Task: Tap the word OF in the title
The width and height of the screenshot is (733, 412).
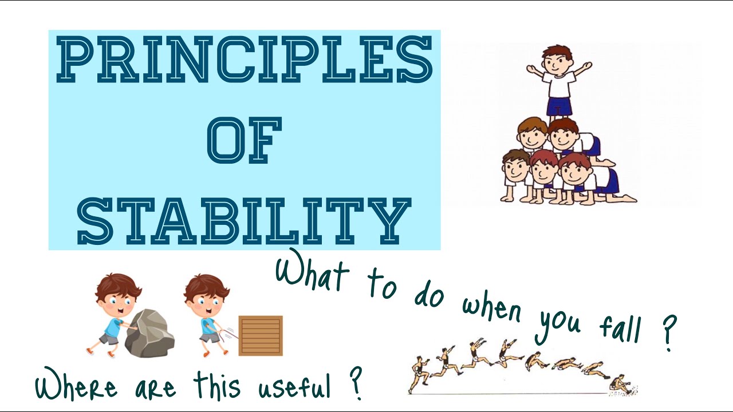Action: [245, 140]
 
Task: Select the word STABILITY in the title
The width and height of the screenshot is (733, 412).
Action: [245, 220]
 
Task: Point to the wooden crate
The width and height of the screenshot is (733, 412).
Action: [261, 335]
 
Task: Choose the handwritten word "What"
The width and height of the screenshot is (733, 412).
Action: [312, 272]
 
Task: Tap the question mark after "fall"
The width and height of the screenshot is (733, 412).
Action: [667, 335]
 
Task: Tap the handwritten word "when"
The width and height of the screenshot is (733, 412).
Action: [492, 309]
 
